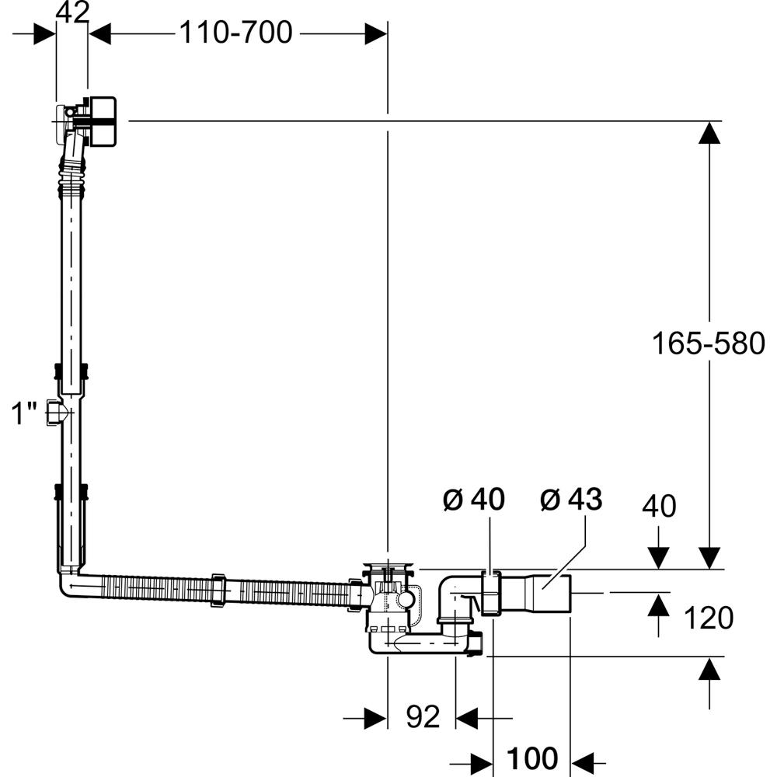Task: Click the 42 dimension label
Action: (x=72, y=13)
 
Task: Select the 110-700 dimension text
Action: (x=236, y=33)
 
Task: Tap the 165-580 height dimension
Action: (x=708, y=343)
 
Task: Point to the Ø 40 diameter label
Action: (x=474, y=499)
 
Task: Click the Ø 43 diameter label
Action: (x=571, y=499)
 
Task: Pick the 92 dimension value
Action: (x=423, y=716)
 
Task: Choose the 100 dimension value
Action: (x=531, y=758)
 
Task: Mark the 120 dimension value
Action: (x=708, y=618)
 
